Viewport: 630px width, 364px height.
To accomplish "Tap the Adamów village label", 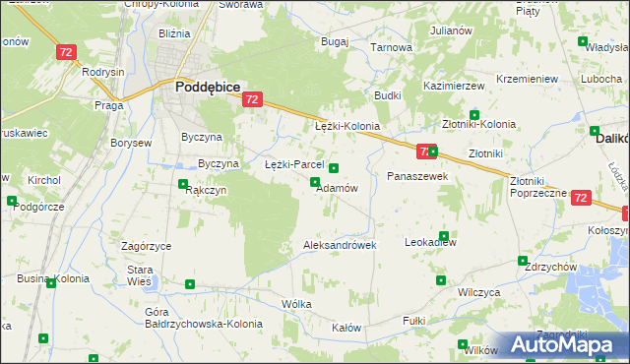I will (336, 188).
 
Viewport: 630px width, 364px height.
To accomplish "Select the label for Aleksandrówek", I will (340, 245).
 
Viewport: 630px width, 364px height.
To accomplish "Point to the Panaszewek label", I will (417, 176).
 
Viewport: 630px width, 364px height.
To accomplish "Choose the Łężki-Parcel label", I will (294, 164).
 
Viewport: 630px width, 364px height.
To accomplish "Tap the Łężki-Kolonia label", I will (346, 128).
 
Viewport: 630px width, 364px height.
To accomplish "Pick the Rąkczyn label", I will (207, 191).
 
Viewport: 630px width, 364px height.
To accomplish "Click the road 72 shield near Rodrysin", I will (66, 52).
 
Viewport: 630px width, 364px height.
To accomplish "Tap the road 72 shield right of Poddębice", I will (252, 99).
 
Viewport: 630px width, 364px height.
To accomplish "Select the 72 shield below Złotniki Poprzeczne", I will (580, 198).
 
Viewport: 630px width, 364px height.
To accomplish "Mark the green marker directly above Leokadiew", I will (444, 236).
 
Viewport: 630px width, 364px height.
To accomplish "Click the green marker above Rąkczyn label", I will (183, 183).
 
